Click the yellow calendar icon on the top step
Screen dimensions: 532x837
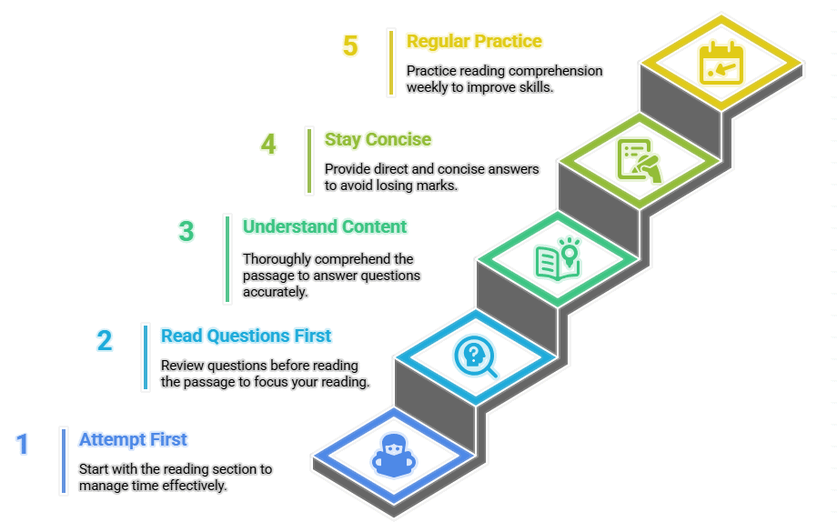[721, 65]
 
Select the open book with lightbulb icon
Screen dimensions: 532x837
[557, 257]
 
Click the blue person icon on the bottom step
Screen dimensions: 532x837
[393, 454]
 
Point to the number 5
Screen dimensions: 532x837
[350, 46]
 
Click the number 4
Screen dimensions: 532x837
[268, 145]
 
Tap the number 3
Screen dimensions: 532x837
[187, 232]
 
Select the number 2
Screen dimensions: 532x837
[105, 341]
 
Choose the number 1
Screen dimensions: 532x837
[23, 445]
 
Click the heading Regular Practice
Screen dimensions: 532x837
[474, 42]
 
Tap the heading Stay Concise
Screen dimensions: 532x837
[378, 140]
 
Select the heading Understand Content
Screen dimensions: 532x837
[325, 227]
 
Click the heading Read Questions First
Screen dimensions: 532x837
[246, 336]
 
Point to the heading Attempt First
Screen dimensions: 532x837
[133, 440]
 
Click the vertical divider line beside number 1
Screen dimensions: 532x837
[64, 460]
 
